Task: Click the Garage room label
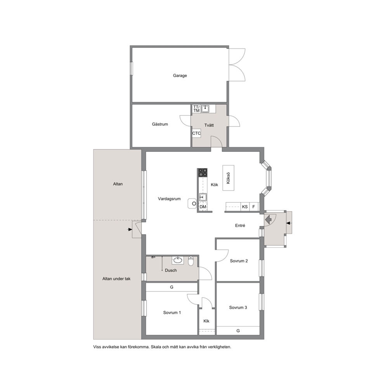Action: pyautogui.click(x=180, y=76)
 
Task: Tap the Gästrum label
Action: pyautogui.click(x=160, y=124)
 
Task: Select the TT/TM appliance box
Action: pyautogui.click(x=196, y=109)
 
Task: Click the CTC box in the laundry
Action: pyautogui.click(x=196, y=134)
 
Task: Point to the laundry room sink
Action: pyautogui.click(x=205, y=109)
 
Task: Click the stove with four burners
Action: pyautogui.click(x=203, y=173)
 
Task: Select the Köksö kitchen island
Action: pyautogui.click(x=228, y=178)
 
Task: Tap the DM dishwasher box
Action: pyautogui.click(x=203, y=207)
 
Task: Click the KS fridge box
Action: pyautogui.click(x=245, y=207)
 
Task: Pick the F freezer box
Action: pyautogui.click(x=254, y=207)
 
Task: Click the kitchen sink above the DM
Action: pyautogui.click(x=203, y=197)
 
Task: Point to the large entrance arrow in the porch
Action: pyautogui.click(x=268, y=219)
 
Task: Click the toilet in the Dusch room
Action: pyautogui.click(x=191, y=261)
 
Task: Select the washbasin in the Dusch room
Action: pyautogui.click(x=177, y=260)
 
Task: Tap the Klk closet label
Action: pyautogui.click(x=206, y=321)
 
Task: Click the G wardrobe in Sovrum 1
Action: pyautogui.click(x=172, y=287)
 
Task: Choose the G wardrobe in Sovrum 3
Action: pyautogui.click(x=238, y=331)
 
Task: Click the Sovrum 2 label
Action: pyautogui.click(x=239, y=261)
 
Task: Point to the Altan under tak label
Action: pyautogui.click(x=116, y=279)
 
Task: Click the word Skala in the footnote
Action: pyautogui.click(x=156, y=347)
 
